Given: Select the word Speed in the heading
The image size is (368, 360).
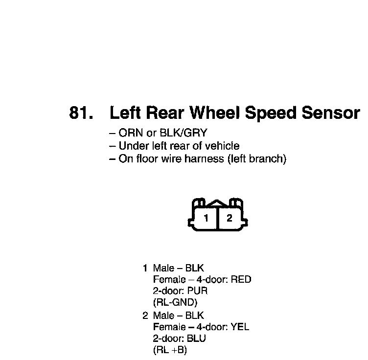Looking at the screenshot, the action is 270,113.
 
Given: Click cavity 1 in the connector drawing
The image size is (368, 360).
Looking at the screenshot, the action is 207,218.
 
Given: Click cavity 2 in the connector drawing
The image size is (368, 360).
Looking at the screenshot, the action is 229,218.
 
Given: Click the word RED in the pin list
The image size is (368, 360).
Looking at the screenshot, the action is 241,280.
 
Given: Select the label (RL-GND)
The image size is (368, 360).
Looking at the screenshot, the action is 175,302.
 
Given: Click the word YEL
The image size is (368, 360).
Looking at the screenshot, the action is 239,327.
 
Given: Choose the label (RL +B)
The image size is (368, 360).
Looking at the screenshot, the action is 170,350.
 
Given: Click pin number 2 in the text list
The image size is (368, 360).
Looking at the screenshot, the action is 145,316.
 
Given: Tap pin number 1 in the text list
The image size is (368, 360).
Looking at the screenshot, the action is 145,268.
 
